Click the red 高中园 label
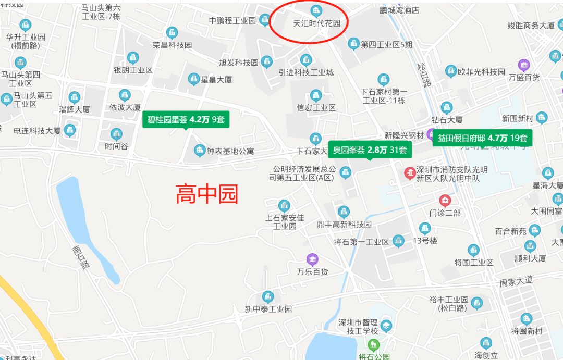coord(207,194)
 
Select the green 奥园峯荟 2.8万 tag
coord(370,150)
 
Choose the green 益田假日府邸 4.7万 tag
coord(482,138)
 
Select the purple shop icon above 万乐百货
coord(312,259)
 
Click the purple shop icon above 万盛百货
coord(524,65)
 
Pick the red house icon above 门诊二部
coord(445,200)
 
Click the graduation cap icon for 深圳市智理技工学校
coord(386,326)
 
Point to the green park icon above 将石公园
coord(373,344)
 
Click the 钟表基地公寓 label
coord(230,152)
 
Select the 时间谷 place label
coord(116,146)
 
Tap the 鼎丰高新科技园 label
coord(344,224)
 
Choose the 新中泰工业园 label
coord(268,309)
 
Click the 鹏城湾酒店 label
coord(400,10)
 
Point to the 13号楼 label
coord(425,241)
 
